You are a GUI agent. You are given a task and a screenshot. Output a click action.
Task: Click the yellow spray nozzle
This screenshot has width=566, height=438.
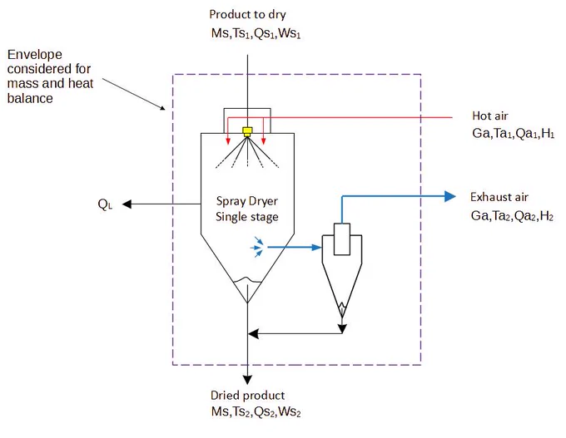(x=247, y=131)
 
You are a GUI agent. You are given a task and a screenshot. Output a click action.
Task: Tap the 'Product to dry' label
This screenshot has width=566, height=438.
(x=248, y=14)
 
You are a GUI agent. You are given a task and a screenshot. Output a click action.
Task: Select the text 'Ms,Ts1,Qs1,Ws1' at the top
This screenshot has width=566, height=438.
(x=256, y=33)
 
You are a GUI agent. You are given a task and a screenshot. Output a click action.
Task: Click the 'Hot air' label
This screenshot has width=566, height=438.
(x=489, y=116)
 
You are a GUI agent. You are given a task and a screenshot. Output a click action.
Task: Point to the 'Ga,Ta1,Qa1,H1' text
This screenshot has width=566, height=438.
(x=513, y=133)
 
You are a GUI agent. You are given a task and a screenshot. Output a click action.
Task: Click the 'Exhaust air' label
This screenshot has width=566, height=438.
(x=499, y=197)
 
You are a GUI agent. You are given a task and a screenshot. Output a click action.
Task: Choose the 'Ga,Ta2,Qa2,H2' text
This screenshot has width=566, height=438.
(x=512, y=215)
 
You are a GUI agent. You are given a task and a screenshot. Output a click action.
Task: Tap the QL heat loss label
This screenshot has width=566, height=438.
(x=105, y=204)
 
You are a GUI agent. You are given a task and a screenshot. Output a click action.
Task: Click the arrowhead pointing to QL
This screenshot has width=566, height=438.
(x=127, y=204)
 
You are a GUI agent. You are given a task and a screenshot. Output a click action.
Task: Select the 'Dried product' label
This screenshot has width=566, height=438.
(x=248, y=395)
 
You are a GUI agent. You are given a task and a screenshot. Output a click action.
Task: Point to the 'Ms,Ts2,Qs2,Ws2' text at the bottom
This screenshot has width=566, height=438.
(x=256, y=411)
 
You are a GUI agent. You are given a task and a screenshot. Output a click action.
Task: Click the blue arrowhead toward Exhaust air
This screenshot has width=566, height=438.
(x=449, y=196)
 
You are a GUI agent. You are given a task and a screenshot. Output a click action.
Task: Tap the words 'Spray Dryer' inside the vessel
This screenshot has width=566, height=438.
(x=247, y=201)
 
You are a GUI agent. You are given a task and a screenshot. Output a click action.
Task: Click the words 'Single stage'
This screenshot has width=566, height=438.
(x=247, y=217)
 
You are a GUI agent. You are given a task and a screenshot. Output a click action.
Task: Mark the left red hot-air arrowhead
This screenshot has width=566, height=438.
(x=228, y=141)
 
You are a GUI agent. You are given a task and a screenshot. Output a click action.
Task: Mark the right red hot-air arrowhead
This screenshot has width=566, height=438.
(x=264, y=141)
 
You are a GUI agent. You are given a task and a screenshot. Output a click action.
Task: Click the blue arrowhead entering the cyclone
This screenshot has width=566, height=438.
(x=316, y=248)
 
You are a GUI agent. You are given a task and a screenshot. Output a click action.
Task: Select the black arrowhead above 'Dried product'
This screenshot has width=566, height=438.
(x=247, y=380)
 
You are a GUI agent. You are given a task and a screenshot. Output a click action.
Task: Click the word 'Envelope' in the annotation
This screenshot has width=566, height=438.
(x=35, y=54)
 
